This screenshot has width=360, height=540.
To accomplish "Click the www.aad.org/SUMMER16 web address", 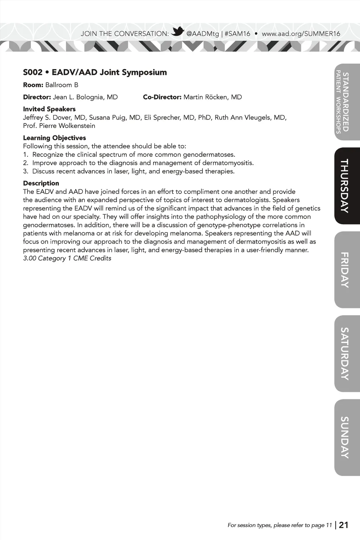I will pyautogui.click(x=301, y=34).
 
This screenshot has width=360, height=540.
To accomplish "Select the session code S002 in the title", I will pyautogui.click(x=33, y=72).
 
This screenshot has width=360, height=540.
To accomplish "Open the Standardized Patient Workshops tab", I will pyautogui.click(x=343, y=102).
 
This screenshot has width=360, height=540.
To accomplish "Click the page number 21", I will pyautogui.click(x=343, y=525).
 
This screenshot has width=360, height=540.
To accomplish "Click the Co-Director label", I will pyautogui.click(x=162, y=97).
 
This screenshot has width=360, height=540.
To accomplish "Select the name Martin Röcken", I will pyautogui.click(x=207, y=97).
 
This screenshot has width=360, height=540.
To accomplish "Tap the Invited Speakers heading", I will pyautogui.click(x=49, y=109).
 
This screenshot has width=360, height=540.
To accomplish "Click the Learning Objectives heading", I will pyautogui.click(x=54, y=138).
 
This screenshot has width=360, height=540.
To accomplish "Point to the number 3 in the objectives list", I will pyautogui.click(x=25, y=171).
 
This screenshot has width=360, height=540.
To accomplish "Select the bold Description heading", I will pyautogui.click(x=41, y=183).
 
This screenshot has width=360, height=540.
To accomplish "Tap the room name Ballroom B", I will pyautogui.click(x=62, y=85).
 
